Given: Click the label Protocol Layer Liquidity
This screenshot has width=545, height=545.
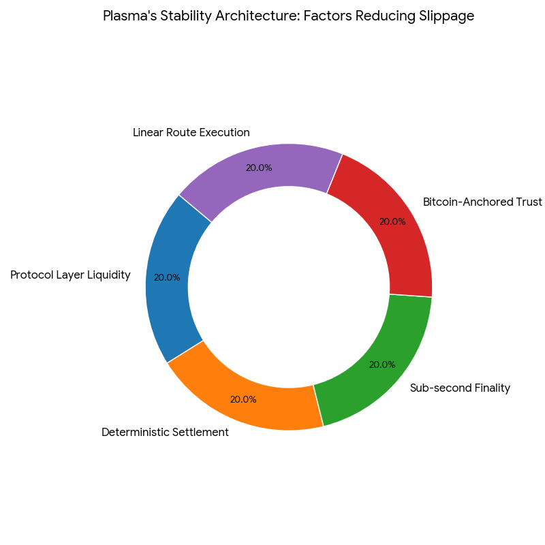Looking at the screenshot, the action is point(70,275).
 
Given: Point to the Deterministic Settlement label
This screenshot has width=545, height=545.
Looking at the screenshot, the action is point(165,432).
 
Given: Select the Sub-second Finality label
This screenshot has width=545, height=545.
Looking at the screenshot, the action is point(460,388).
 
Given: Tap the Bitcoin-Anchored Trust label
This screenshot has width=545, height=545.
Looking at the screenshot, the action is point(482,202).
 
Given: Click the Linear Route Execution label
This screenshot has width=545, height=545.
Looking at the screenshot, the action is point(191,132).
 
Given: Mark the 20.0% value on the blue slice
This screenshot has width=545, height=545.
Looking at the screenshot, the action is point(167,278).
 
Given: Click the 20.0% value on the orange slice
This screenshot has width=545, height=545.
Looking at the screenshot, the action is point(243,399).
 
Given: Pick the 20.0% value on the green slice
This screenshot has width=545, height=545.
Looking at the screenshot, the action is point(382,364).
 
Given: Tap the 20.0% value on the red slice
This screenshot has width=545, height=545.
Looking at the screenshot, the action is point(392,221).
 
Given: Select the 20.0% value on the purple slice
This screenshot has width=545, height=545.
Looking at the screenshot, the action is point(259,168).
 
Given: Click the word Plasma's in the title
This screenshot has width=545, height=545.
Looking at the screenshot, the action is point(127,16).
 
